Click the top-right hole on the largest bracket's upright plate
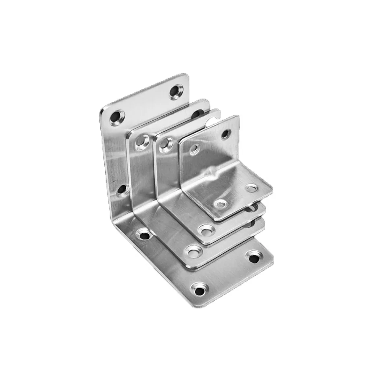tap(176, 92)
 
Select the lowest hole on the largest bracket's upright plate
tap(122, 190)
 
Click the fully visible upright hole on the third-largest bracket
tap(166, 144)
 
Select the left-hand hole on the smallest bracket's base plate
tap(220, 203)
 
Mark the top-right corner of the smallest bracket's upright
tap(237, 117)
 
